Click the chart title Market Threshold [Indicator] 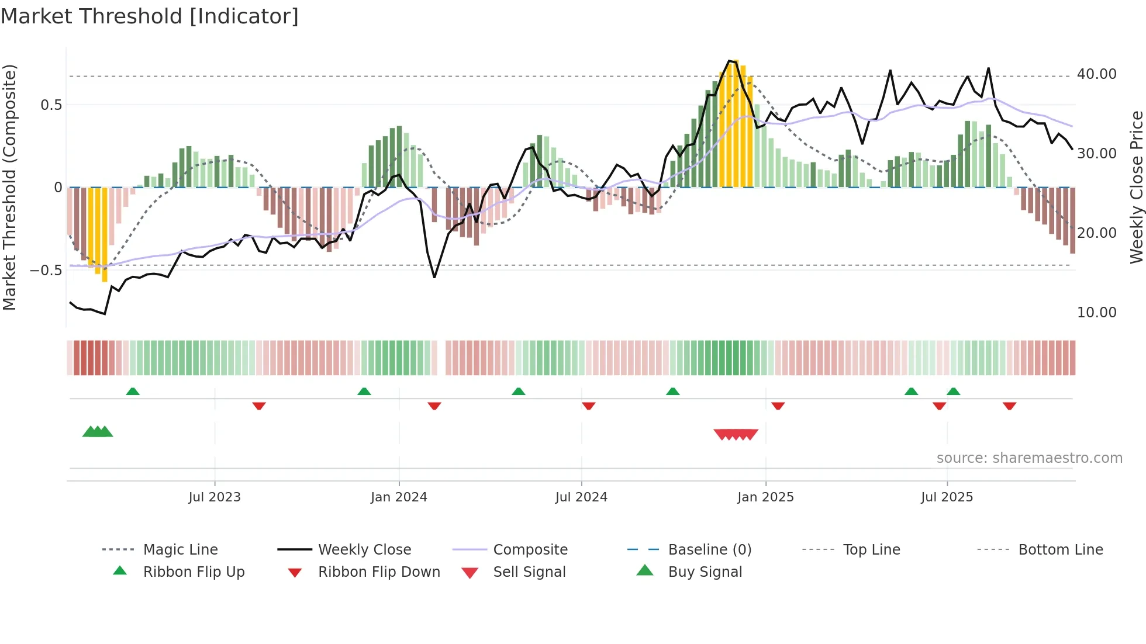click(x=150, y=16)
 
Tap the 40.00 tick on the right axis click(x=1096, y=74)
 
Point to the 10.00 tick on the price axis click(x=1096, y=313)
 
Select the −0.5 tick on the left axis click(x=46, y=271)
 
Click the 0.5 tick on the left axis click(x=51, y=105)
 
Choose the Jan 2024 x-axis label click(x=399, y=497)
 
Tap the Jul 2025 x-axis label click(x=947, y=497)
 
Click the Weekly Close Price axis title click(x=1135, y=187)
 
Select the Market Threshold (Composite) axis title click(x=9, y=187)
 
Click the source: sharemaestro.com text click(x=1029, y=458)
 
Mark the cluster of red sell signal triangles click(x=736, y=434)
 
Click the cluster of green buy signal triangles click(x=98, y=432)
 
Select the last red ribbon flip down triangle click(x=1009, y=406)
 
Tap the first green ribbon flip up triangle click(x=133, y=392)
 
